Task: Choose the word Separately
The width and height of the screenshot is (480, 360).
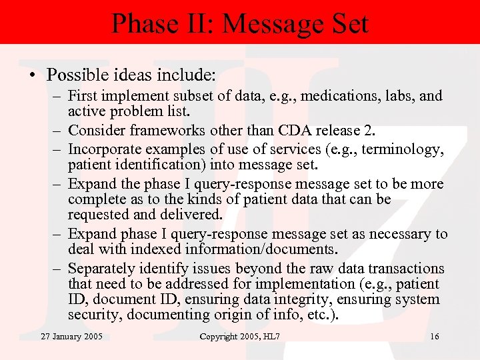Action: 102,269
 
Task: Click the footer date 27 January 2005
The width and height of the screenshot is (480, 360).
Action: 71,336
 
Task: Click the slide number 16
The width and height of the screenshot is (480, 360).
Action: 434,336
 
